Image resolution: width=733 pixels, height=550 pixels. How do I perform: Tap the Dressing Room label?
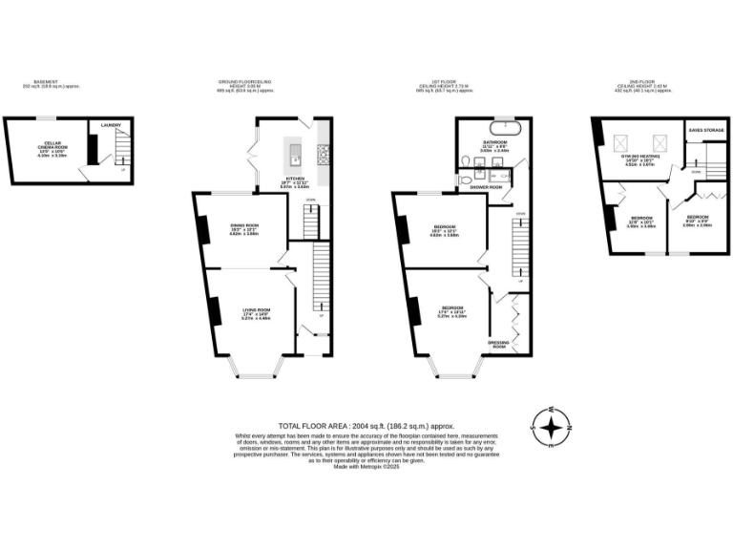tap(497, 343)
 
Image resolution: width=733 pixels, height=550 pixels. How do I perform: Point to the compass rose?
tap(551, 428)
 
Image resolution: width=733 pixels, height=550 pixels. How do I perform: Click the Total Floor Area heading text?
tap(366, 425)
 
